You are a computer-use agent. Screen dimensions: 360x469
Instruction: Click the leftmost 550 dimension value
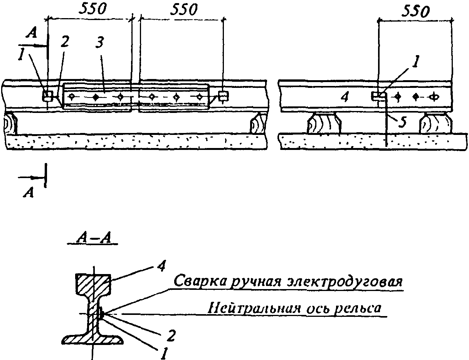tap(92, 9)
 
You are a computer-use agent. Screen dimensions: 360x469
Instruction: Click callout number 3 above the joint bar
tap(99, 43)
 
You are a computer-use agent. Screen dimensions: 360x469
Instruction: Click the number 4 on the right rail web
tap(344, 97)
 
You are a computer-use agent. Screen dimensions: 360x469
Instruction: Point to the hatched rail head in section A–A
tap(94, 284)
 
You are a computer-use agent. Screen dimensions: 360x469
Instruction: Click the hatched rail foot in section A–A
tap(93, 339)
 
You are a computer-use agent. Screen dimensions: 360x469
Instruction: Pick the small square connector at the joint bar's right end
tap(223, 96)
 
